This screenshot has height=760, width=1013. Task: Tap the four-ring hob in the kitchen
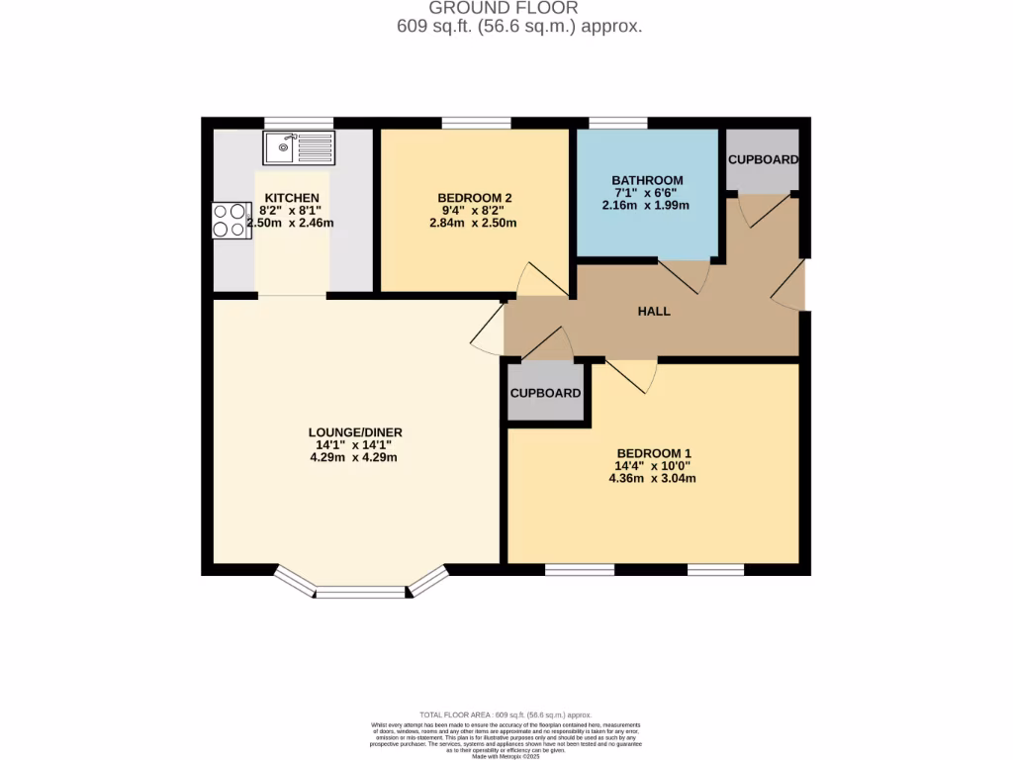click(x=229, y=220)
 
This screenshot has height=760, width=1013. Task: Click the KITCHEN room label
click(x=291, y=198)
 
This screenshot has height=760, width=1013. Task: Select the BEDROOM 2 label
click(x=474, y=198)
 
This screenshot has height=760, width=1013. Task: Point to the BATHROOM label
click(x=645, y=180)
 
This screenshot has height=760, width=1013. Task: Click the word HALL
click(x=653, y=311)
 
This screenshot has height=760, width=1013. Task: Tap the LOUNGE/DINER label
click(x=355, y=432)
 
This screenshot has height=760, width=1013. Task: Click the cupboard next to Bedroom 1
click(x=545, y=393)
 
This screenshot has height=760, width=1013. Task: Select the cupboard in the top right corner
click(x=762, y=159)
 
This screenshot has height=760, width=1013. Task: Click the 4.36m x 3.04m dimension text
click(x=652, y=479)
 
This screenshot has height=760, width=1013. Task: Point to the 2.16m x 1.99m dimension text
click(x=645, y=205)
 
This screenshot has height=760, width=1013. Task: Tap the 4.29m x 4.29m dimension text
click(x=355, y=457)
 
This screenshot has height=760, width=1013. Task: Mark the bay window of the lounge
click(x=360, y=588)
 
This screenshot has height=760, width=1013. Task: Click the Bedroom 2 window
click(x=476, y=123)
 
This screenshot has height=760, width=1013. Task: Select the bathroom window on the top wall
click(x=618, y=123)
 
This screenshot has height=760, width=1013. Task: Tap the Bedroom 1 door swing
click(x=633, y=374)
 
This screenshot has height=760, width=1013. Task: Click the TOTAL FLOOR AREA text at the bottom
click(x=506, y=714)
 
